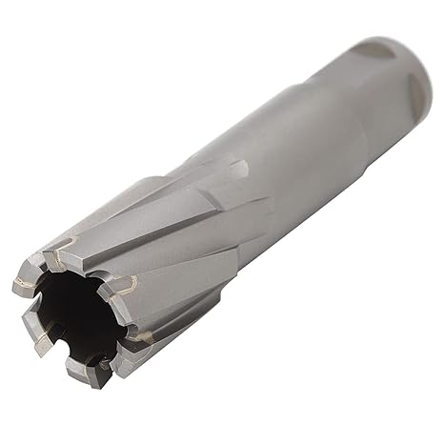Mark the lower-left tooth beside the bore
[x=43, y=344]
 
